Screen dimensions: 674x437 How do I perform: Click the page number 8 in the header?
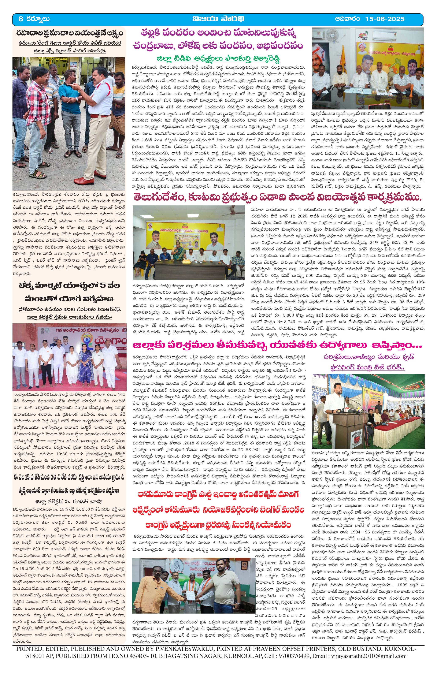pos(20,19)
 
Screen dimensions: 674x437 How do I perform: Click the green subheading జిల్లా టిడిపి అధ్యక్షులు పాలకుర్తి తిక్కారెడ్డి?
pos(218,59)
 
